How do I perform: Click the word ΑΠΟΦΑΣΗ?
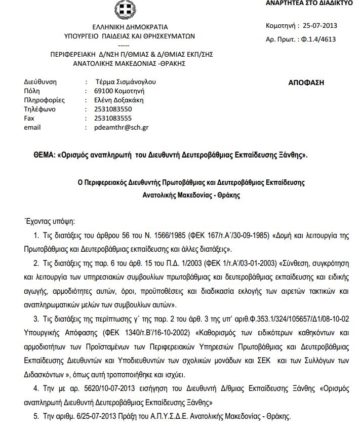point(306,82)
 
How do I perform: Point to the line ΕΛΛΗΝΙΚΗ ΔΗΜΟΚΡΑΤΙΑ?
point(123,27)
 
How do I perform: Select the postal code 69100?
point(104,91)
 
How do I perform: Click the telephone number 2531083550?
point(113,109)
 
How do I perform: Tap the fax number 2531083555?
point(113,118)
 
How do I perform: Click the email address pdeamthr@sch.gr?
point(122,128)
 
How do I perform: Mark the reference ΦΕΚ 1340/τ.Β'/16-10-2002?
point(167,333)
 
